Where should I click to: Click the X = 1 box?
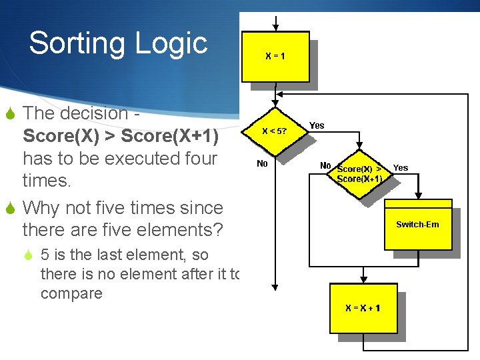click(x=275, y=57)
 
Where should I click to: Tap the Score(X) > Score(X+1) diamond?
click(x=359, y=174)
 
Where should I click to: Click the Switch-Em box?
click(x=417, y=225)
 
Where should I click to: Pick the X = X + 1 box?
click(x=363, y=308)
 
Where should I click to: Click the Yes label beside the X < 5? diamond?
click(x=317, y=125)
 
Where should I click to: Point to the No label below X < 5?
click(x=262, y=163)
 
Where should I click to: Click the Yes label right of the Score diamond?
click(x=401, y=167)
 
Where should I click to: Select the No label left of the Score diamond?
click(x=325, y=165)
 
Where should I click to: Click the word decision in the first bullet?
click(x=95, y=113)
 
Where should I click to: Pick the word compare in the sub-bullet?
click(x=71, y=293)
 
